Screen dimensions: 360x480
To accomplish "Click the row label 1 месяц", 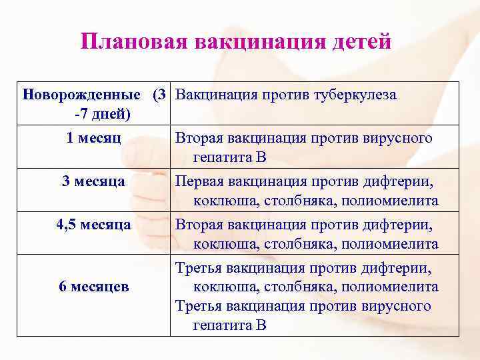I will (94, 138).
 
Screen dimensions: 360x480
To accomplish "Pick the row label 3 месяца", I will (94, 181).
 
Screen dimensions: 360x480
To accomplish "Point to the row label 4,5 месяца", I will (94, 225).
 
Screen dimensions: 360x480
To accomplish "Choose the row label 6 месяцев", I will (94, 287).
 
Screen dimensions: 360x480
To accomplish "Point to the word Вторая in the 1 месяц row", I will (199, 138).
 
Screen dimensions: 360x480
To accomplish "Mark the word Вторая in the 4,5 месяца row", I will (199, 225).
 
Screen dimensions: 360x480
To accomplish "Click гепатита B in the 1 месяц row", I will (230, 158).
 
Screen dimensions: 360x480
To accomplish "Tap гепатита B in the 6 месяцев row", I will (230, 326).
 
